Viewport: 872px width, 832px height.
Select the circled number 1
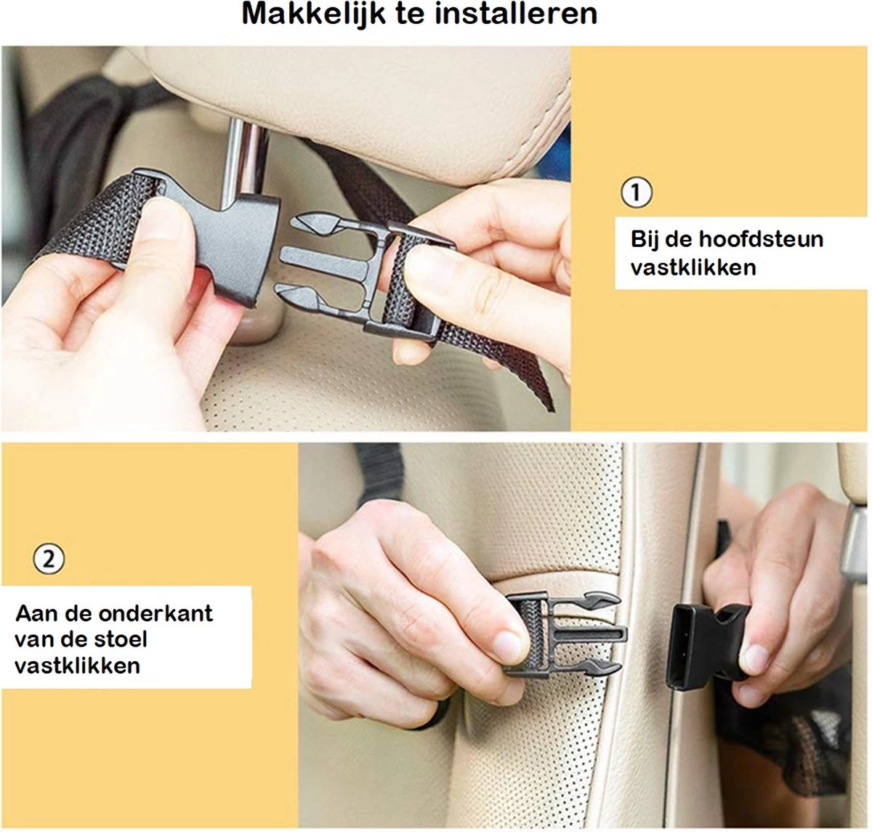coord(637,193)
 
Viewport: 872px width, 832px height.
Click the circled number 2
coord(49,560)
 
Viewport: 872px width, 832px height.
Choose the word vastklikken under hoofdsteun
coord(693,267)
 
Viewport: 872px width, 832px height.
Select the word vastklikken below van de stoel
coord(77,666)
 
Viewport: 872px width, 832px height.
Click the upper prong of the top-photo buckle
coord(315,224)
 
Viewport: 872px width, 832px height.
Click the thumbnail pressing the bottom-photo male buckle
coord(511,645)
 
